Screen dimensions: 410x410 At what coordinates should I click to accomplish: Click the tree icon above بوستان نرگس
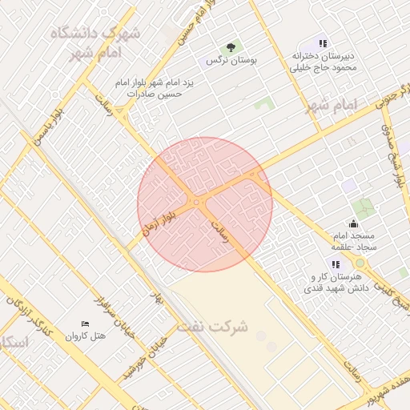[231, 48]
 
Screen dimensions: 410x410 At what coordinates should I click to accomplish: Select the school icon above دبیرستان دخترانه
[323, 44]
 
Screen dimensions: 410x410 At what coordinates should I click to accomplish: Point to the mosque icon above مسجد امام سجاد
[353, 223]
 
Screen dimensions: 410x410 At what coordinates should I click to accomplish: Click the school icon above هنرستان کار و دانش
[336, 263]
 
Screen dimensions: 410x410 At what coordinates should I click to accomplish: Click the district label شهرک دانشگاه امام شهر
[95, 42]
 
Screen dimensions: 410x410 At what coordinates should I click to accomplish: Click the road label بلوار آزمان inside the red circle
[158, 218]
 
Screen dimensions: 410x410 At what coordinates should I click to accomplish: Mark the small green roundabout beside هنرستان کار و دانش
[360, 263]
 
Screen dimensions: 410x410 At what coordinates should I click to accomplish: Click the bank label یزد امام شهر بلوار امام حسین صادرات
[148, 88]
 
